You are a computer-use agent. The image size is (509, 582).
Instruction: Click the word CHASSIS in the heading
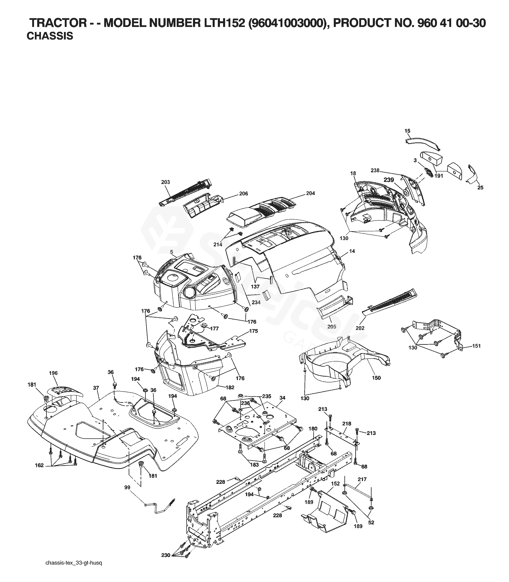50,36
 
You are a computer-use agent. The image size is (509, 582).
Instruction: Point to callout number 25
480,188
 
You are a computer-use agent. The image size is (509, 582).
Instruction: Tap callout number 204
310,193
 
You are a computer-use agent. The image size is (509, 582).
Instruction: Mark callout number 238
375,170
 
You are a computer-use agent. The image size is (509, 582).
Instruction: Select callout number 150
376,378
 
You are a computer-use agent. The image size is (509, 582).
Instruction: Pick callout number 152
335,483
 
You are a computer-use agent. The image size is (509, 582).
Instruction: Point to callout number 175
253,331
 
